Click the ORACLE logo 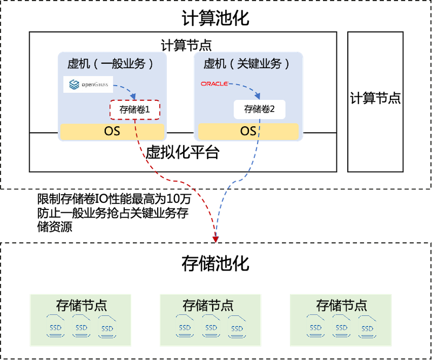tap(215, 84)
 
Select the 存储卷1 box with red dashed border tap(136, 110)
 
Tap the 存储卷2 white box tap(259, 110)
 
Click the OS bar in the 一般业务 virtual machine tap(112, 131)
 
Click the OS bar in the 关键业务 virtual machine tap(248, 131)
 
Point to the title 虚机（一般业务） tap(112, 64)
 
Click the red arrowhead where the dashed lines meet tap(215, 238)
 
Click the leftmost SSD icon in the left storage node tap(56, 328)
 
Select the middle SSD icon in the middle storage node tap(211, 328)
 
